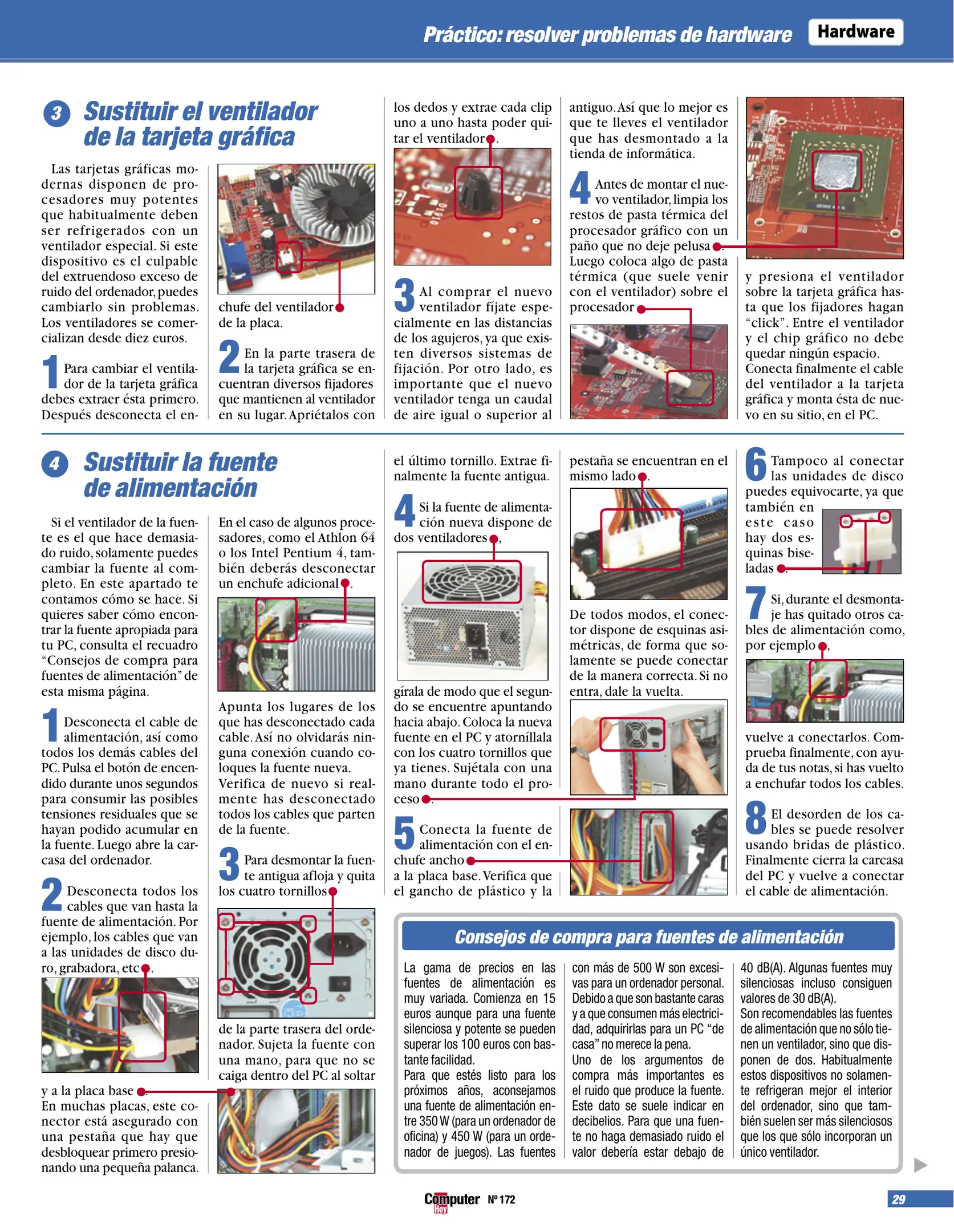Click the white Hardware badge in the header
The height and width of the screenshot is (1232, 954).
[855, 32]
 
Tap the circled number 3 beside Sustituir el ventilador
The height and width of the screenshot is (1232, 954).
[56, 114]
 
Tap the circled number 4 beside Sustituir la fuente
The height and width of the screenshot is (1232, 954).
[55, 463]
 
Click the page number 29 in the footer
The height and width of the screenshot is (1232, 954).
[898, 1199]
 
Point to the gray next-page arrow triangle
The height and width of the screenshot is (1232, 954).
[920, 1165]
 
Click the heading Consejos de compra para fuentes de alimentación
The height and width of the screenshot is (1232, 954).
[648, 937]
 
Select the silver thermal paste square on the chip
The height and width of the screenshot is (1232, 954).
[836, 171]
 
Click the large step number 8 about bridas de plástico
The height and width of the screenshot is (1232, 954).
[756, 817]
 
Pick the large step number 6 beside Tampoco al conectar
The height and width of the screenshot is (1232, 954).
[756, 464]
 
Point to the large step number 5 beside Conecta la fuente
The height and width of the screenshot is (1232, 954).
[404, 833]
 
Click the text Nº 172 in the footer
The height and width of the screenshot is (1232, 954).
[501, 1199]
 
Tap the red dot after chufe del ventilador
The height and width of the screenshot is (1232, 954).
[340, 307]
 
